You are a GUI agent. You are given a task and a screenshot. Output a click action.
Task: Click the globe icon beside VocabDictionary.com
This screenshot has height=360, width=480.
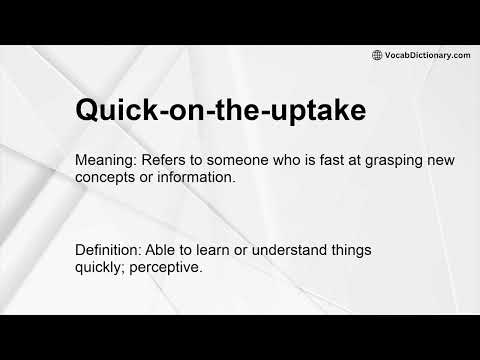click(377, 56)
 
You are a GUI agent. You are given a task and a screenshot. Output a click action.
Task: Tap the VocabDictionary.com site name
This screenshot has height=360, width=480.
click(427, 56)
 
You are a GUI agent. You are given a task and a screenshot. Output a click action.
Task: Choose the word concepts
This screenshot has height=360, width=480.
click(108, 178)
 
